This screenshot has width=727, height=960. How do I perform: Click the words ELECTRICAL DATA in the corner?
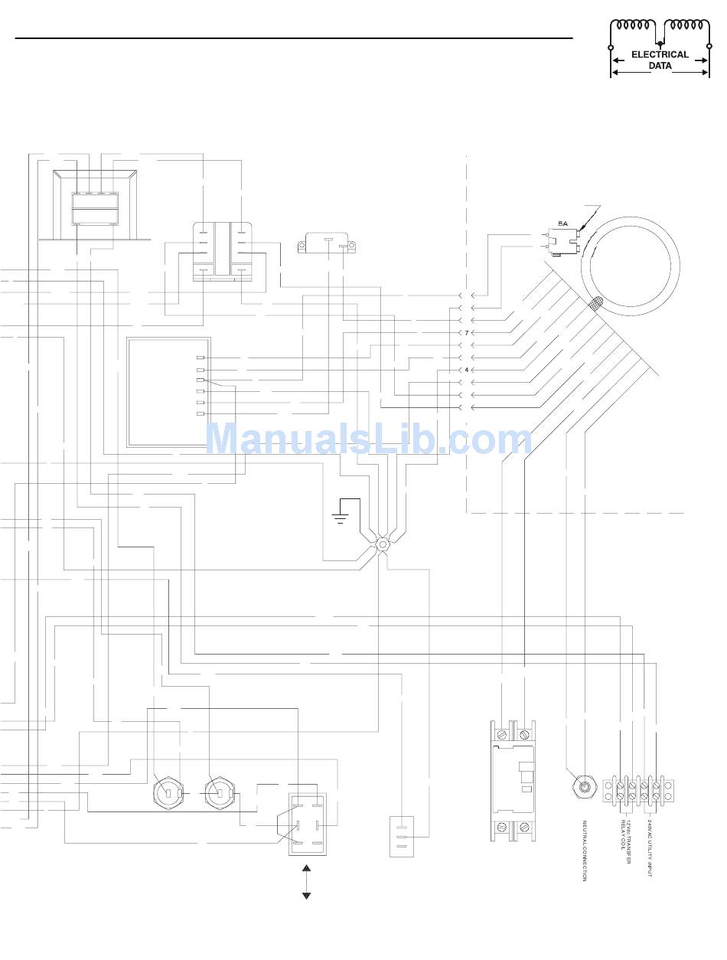pos(660,60)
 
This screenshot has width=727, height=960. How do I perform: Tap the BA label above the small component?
pos(562,224)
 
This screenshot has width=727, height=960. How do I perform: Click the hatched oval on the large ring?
pos(595,304)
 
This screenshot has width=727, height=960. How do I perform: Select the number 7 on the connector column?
pos(466,333)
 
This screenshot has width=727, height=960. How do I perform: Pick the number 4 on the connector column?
pos(466,370)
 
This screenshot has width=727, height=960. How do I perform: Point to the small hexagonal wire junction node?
pos(383,545)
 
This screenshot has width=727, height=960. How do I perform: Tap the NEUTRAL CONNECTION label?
pos(585,851)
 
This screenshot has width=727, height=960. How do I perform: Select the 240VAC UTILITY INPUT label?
pos(650,847)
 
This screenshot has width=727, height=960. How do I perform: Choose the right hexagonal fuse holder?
pos(219,792)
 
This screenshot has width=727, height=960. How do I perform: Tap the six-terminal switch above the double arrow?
pos(308,824)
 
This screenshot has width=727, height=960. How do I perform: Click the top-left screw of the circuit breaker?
pos(502,734)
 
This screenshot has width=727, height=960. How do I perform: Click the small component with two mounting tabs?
pos(327,243)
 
